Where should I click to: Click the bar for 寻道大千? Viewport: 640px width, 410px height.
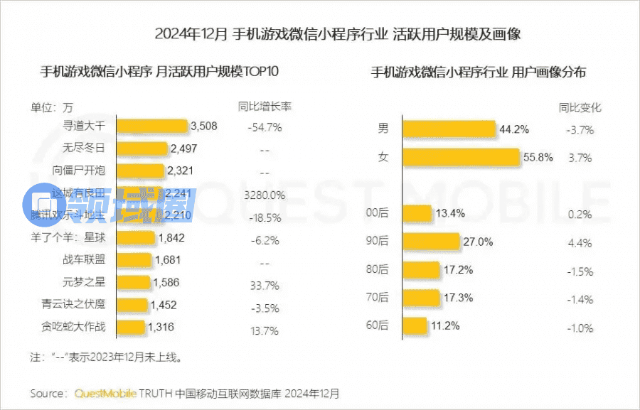click(x=151, y=127)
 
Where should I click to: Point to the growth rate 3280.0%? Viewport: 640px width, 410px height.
click(x=264, y=195)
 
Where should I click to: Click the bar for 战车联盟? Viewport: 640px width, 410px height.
click(x=134, y=260)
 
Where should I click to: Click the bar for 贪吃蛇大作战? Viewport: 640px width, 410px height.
click(x=130, y=327)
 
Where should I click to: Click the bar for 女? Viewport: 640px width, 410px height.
click(x=461, y=157)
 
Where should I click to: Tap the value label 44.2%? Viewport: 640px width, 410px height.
click(x=514, y=130)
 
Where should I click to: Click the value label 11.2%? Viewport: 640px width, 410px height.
click(x=445, y=326)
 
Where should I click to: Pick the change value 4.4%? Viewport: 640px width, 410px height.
click(x=580, y=243)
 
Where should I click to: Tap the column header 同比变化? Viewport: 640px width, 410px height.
click(x=580, y=108)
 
